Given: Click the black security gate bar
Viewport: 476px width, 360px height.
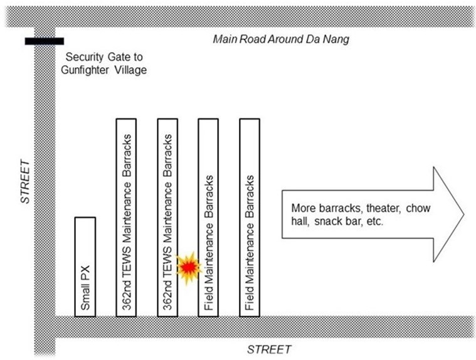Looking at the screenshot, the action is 45,41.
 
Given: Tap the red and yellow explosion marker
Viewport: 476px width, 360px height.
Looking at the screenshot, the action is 189,267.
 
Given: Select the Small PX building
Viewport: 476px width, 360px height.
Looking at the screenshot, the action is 85,267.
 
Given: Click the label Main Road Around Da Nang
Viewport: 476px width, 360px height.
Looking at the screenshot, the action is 281,39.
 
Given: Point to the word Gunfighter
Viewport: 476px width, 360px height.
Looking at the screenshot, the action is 85,70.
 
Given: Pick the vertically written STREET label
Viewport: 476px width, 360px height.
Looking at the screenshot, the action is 25,181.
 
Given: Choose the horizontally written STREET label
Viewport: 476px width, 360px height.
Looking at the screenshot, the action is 269,349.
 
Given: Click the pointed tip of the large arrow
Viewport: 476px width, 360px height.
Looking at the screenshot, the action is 463,214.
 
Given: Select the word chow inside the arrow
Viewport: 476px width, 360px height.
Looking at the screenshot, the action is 418,208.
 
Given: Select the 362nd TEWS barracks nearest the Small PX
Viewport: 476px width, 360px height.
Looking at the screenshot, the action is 126,218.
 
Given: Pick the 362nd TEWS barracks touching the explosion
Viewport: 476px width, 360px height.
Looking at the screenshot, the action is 167,218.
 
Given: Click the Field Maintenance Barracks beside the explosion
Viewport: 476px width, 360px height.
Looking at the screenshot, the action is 208,218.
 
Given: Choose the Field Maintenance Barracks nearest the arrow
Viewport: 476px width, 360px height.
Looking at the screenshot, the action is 250,218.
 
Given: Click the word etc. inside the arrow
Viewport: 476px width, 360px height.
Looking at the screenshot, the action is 375,221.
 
